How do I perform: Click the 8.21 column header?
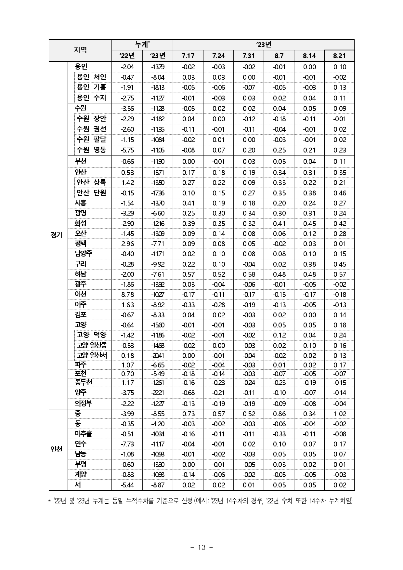click(x=339, y=56)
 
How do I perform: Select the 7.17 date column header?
click(x=188, y=56)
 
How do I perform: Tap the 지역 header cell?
click(x=80, y=50)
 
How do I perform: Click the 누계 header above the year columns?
click(x=142, y=45)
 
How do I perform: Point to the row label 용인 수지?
click(x=91, y=98)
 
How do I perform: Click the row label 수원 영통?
click(x=91, y=150)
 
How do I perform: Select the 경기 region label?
click(x=57, y=235)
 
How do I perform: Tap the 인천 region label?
click(x=57, y=449)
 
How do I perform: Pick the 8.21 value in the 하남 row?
click(x=340, y=274)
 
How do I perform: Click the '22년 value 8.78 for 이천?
click(x=127, y=294)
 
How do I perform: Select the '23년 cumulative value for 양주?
click(x=158, y=392)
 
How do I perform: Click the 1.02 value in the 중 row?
click(x=340, y=414)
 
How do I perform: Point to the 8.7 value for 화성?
click(x=279, y=223)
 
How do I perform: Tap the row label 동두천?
click(x=84, y=382)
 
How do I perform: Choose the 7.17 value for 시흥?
click(x=188, y=203)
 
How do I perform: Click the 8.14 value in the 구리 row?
click(x=309, y=264)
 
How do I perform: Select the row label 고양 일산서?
click(x=92, y=355)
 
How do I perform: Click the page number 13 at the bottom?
click(x=201, y=547)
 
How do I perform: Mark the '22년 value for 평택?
click(x=127, y=244)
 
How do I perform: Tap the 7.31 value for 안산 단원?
click(x=249, y=193)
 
